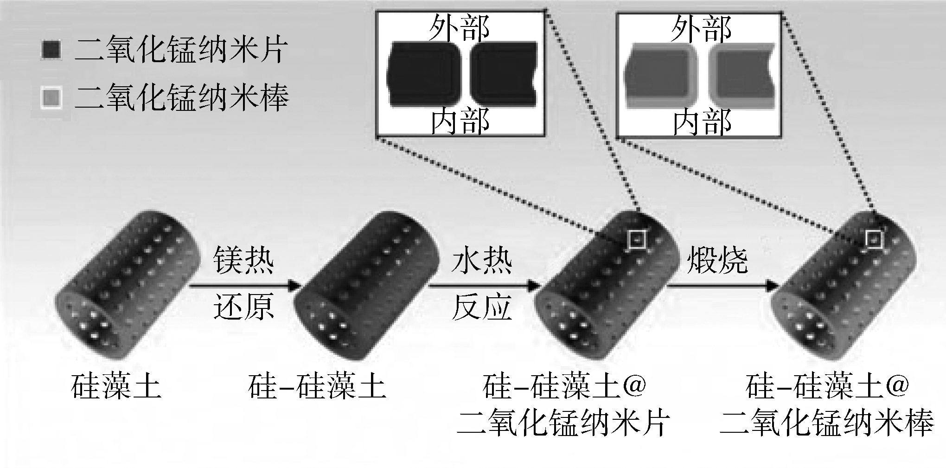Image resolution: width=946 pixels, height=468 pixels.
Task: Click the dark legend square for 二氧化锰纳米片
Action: (x=51, y=50)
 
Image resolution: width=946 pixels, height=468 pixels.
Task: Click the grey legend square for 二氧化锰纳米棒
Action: (x=51, y=98)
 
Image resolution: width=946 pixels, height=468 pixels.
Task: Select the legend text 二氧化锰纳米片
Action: (x=181, y=50)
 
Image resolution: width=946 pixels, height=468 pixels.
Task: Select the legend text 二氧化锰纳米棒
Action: (x=181, y=98)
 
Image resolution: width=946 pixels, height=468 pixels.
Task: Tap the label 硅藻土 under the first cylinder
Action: (x=116, y=387)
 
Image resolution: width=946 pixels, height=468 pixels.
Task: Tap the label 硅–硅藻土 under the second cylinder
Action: (x=317, y=387)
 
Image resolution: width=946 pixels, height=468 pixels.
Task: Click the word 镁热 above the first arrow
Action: (x=243, y=261)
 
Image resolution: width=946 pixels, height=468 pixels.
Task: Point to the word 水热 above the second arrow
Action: (x=482, y=261)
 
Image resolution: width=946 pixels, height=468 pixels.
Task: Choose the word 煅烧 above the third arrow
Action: (x=717, y=261)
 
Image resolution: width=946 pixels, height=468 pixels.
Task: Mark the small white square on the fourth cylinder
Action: (x=874, y=239)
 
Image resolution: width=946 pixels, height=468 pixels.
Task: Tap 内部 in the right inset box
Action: (x=702, y=122)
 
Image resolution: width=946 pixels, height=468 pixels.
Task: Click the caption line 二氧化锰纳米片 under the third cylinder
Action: (x=563, y=423)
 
